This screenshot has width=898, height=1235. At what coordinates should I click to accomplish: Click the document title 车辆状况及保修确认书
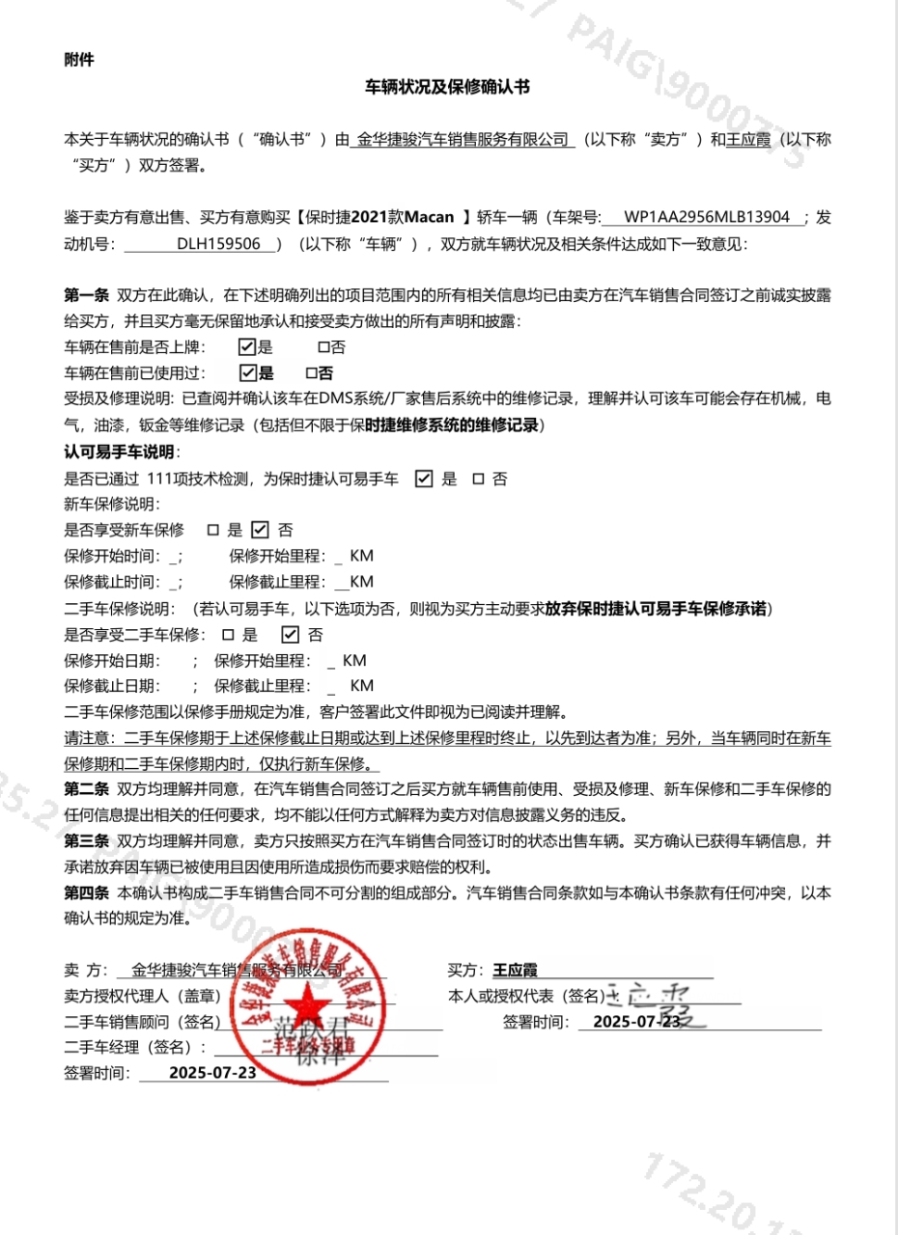pos(447,87)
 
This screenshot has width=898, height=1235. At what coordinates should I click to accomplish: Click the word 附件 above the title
pos(78,60)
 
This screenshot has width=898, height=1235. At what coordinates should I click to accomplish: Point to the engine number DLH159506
pos(219,244)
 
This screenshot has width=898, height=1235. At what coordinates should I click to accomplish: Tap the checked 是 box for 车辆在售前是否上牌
pos(246,346)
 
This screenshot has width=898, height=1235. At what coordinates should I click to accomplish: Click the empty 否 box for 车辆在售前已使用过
pos(311,372)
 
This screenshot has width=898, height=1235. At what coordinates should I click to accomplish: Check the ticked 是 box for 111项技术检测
pos(423,479)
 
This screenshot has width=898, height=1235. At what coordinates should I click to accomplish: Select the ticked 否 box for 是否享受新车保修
pos(260,529)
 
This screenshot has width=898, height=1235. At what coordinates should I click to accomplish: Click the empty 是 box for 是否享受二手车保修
pos(228,635)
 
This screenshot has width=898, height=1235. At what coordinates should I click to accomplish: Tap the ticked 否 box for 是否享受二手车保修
pos(289,635)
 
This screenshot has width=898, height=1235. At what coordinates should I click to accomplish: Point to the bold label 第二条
pos(85,789)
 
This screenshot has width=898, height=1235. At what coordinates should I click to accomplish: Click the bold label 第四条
pos(85,893)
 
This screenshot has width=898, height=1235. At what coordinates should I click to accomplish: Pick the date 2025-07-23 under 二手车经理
pos(212,1072)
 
